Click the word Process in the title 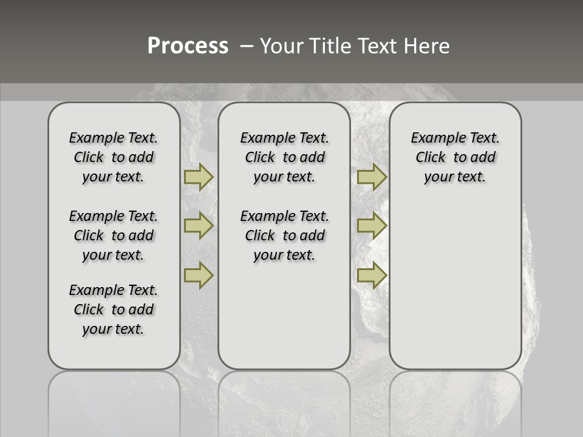[188, 46]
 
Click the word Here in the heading [427, 46]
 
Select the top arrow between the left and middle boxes [199, 177]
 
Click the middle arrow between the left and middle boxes [199, 226]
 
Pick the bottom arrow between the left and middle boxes [199, 275]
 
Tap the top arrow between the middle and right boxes [372, 177]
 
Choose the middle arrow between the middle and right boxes [372, 226]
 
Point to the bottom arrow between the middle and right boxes [372, 275]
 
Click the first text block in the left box [114, 157]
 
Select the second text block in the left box [114, 235]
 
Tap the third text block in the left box [114, 310]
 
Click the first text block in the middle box [284, 157]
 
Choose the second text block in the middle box [284, 235]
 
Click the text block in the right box [455, 157]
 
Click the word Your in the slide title [282, 46]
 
